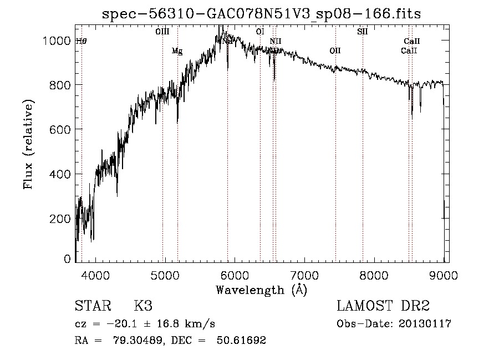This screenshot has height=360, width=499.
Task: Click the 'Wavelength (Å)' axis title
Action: pos(261,290)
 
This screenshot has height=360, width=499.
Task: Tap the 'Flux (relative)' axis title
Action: pos(29,144)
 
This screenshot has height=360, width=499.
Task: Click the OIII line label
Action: pos(162,32)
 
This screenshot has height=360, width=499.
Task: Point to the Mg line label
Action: pos(177,51)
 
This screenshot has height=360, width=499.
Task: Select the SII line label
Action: pos(363,32)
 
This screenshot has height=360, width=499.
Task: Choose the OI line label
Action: pos(260,32)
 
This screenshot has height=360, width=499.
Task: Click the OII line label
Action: pos(335,51)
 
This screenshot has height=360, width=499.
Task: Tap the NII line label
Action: pos(276,41)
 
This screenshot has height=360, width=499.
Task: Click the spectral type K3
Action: pos(143,306)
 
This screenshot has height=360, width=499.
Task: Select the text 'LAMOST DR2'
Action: pos(383,306)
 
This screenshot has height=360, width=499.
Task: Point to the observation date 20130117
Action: pos(424,323)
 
